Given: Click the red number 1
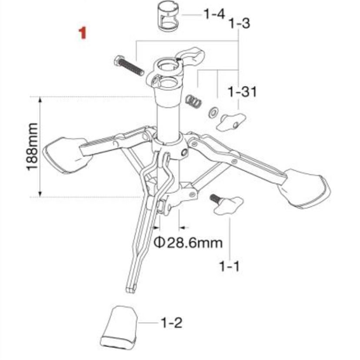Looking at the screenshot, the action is tap(82, 33).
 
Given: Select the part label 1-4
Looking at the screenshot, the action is tap(214, 15).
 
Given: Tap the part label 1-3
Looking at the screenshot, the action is tap(240, 23).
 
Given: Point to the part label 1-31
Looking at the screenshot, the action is tap(242, 92).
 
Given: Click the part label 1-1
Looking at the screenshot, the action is tap(230, 267).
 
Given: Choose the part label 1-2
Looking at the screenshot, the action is tap(171, 323).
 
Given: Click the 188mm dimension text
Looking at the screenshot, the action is tap(32, 147).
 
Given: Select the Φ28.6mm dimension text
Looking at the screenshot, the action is tap(188, 243).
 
